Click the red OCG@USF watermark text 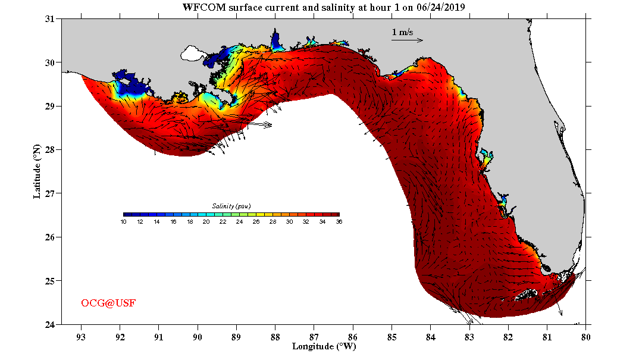108,303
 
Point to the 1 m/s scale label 402,32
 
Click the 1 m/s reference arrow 407,40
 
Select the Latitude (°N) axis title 37,171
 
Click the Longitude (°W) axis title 324,346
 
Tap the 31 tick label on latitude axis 51,19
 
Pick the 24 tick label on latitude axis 51,324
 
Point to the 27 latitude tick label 51,193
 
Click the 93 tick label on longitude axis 81,336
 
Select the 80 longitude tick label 586,336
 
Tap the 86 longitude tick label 353,336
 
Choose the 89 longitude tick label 236,336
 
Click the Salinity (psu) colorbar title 231,206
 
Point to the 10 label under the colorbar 123,222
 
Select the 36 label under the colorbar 339,222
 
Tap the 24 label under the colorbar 239,222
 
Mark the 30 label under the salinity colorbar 289,222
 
